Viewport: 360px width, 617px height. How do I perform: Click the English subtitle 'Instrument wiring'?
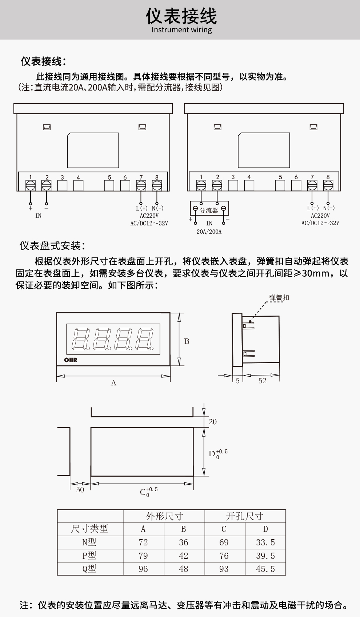coord(181,30)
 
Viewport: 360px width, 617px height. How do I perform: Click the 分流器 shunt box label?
coord(209,210)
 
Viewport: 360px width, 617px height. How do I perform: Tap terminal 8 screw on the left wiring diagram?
coord(157,185)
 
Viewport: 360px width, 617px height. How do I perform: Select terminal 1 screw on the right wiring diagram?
coord(201,185)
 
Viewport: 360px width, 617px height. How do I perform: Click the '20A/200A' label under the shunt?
coord(209,232)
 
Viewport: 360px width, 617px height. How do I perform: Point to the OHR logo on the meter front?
coord(71,360)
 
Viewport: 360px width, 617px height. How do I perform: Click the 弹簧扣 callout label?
coord(279,298)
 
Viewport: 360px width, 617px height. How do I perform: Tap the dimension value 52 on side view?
coord(262,381)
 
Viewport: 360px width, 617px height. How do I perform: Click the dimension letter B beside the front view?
coord(187,341)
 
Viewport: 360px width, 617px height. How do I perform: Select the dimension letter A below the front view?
coord(113,383)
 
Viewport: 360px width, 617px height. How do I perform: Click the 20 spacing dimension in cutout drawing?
coord(212,422)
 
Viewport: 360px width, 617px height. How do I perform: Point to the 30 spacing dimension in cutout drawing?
coord(80,490)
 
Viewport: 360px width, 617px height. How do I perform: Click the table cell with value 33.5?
coord(265,542)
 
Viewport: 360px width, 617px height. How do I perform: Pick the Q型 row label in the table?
coord(89,569)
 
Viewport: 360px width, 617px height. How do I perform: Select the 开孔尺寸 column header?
coord(244,516)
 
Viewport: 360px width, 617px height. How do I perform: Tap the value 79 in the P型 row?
coord(143,556)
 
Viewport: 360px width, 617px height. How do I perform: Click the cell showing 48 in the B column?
coord(184,569)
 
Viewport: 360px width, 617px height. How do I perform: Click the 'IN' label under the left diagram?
coord(39,216)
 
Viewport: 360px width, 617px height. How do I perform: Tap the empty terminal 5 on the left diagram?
coord(109,185)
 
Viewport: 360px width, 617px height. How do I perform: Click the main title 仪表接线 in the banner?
coord(181,16)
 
